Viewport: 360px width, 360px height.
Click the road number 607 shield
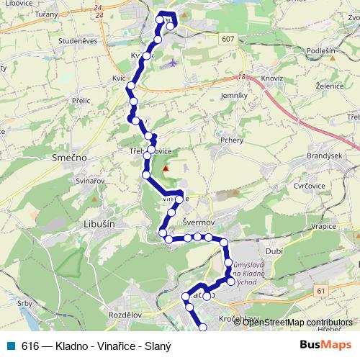(x=228, y=38)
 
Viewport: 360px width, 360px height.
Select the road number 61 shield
(x=320, y=289)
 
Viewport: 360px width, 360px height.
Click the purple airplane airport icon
(x=170, y=63)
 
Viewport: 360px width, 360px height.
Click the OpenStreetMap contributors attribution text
(x=297, y=322)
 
